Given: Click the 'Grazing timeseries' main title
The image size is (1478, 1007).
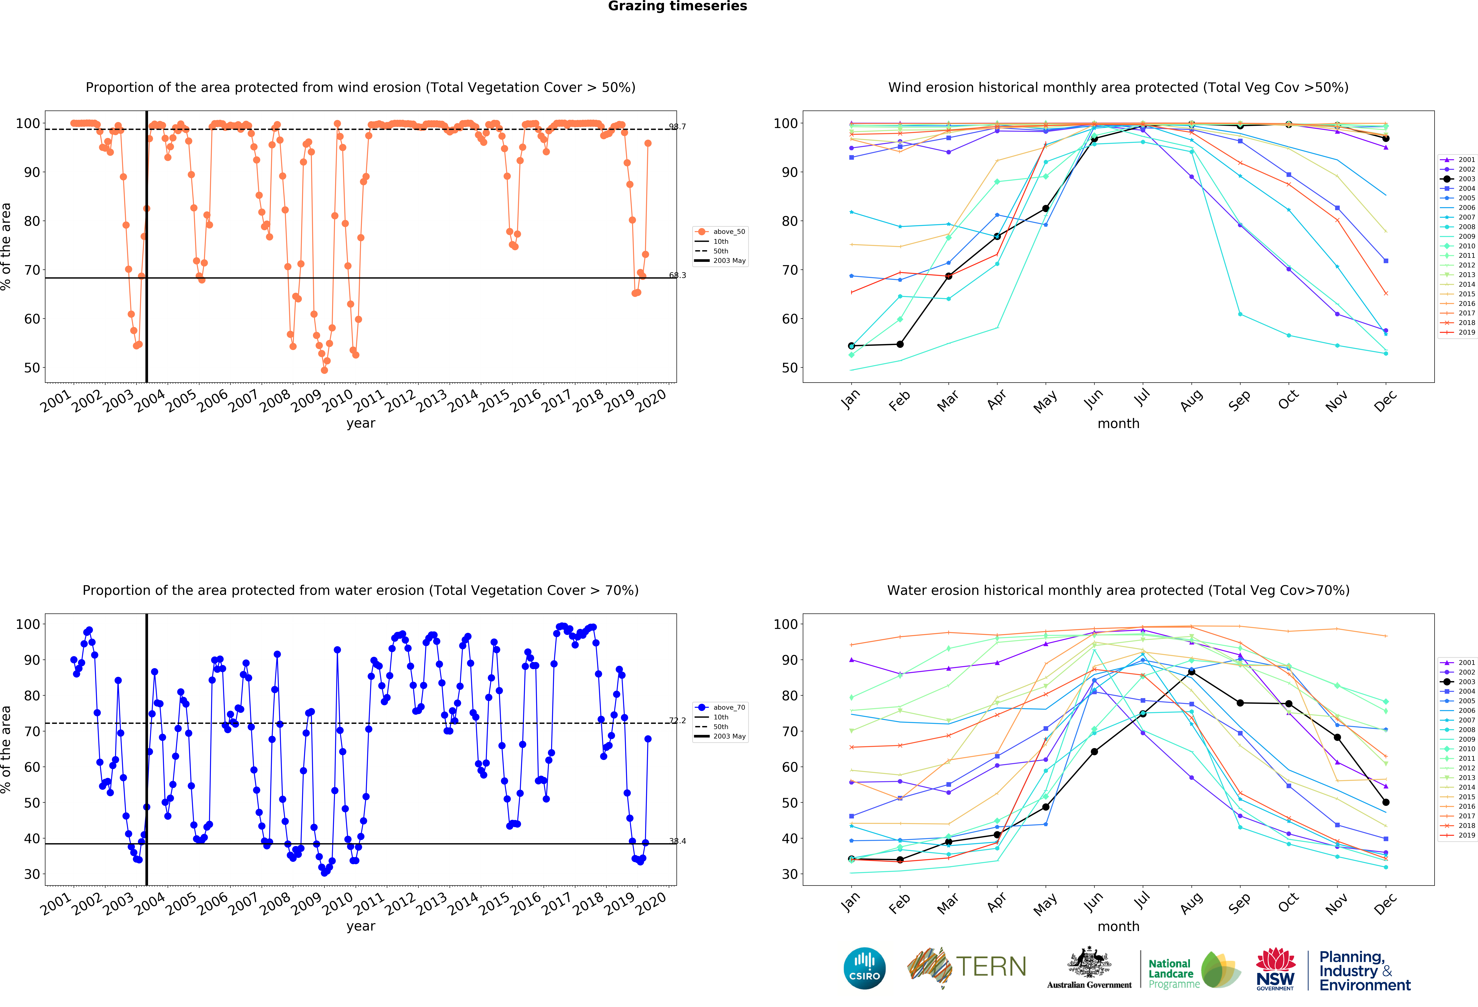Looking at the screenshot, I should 677,6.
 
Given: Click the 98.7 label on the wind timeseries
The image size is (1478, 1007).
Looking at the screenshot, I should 677,126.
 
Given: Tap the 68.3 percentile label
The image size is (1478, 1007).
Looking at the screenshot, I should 677,275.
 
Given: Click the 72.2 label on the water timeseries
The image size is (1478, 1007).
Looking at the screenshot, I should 677,720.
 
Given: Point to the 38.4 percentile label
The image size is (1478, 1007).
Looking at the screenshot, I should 677,841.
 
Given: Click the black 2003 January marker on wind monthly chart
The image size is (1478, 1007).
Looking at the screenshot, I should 852,346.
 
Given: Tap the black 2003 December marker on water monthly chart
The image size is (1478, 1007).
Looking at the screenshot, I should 1386,802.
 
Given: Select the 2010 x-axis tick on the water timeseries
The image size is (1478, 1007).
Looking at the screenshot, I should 337,902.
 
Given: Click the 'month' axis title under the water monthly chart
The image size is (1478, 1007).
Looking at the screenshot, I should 1118,926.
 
